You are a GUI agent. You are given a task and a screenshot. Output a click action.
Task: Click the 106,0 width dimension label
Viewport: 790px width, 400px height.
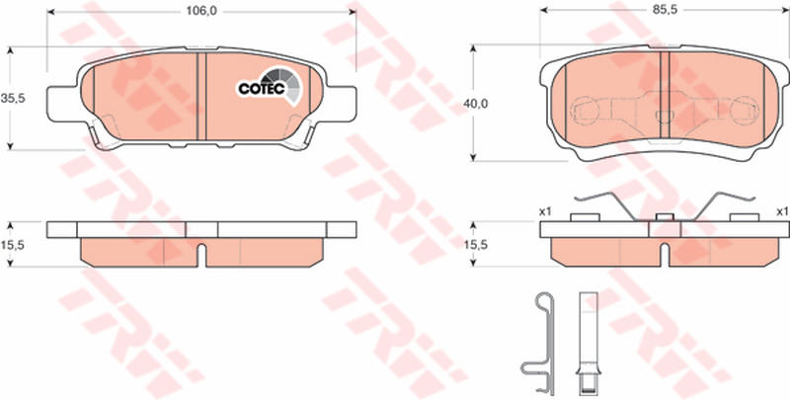click(x=201, y=12)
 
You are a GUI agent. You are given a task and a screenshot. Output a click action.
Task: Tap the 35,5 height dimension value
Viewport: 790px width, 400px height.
click(x=13, y=99)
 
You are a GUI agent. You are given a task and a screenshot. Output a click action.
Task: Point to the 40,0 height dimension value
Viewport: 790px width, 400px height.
click(x=476, y=104)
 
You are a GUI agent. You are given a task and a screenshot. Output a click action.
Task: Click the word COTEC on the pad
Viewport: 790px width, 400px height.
click(x=262, y=89)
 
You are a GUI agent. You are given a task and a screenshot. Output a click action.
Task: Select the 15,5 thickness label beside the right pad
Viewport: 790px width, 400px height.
click(x=476, y=245)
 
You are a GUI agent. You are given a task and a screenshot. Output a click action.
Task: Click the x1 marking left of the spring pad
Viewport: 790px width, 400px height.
click(x=545, y=212)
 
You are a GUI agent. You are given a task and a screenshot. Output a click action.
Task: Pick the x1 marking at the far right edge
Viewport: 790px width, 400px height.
click(x=782, y=212)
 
